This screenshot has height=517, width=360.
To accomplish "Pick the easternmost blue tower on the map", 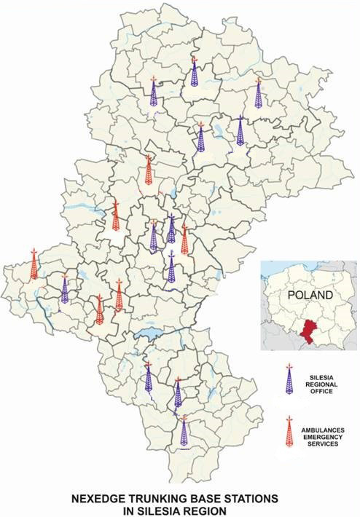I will (x=240, y=131).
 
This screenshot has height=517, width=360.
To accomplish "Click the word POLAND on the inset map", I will (x=309, y=296).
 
